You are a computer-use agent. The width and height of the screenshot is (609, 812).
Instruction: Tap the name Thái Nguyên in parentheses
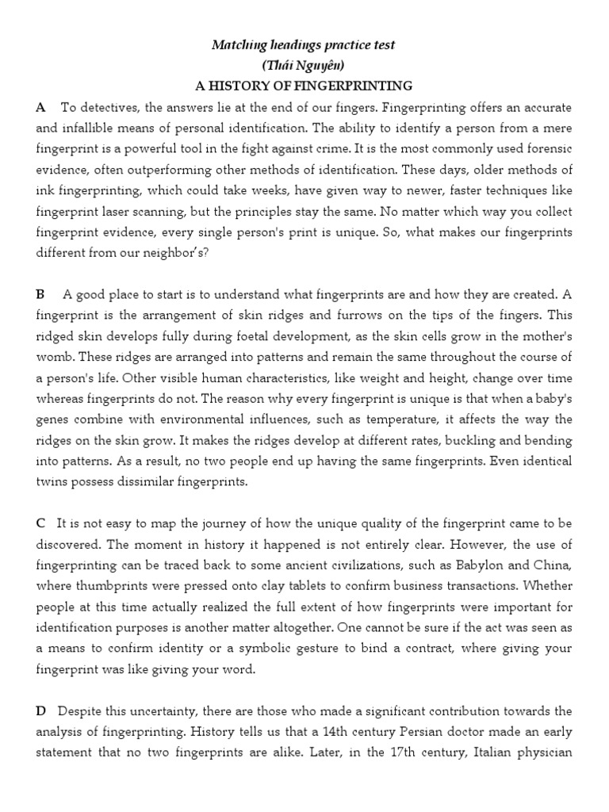tap(304, 65)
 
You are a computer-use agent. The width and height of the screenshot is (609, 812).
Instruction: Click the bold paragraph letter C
tap(40, 524)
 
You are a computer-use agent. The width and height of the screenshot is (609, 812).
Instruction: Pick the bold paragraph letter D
tap(41, 711)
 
